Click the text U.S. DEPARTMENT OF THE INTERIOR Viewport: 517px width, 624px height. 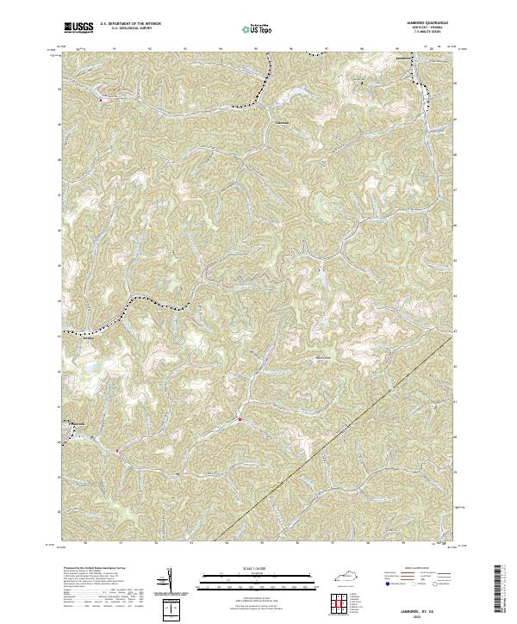[x=130, y=24]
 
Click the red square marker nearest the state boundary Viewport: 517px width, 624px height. [x=239, y=420]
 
